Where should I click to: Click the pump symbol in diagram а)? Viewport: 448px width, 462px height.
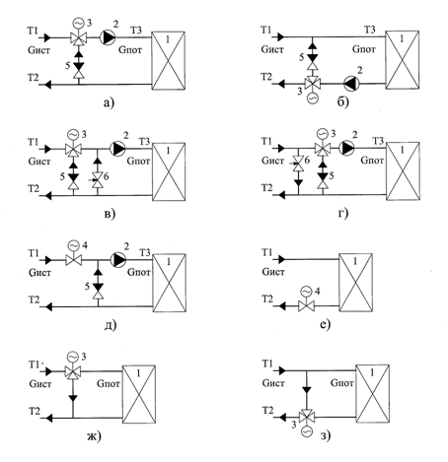coord(108,37)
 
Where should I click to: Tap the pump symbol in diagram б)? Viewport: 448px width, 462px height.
coord(351,84)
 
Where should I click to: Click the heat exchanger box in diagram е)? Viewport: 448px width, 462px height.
coord(355,283)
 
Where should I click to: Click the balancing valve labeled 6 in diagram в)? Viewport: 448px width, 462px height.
coord(97,180)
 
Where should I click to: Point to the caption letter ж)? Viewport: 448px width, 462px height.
coord(94,436)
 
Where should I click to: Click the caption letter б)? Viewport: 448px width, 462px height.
coord(342,102)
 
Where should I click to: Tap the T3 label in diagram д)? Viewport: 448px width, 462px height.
coord(145,252)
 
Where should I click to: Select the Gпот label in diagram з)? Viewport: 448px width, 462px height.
coord(342,383)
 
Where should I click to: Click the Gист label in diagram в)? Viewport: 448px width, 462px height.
coord(39,162)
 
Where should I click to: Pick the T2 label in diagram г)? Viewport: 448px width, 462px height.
coord(266,188)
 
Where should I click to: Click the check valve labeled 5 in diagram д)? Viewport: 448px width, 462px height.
coord(98,284)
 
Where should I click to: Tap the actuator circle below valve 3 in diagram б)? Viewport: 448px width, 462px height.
coord(312,99)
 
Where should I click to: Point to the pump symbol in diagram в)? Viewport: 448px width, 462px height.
coord(117,149)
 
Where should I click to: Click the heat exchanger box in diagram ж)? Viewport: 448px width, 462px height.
coord(139,394)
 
